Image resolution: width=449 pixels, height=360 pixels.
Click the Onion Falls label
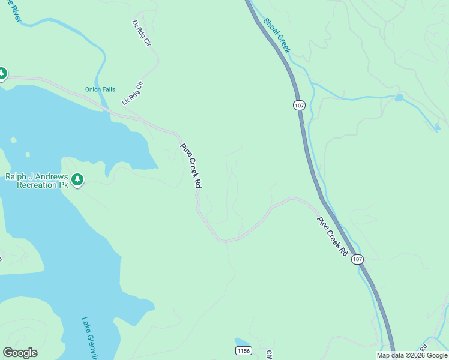(100, 89)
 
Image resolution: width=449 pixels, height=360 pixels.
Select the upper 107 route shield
(300, 105)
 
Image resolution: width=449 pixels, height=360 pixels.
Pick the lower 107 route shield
(358, 259)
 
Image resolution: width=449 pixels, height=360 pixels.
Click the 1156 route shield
(243, 350)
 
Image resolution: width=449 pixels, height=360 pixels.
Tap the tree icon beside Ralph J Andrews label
(77, 179)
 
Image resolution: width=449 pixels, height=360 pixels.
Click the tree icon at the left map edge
(2, 74)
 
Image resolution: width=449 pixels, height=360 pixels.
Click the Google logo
(20, 353)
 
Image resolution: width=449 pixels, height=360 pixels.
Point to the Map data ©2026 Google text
(412, 355)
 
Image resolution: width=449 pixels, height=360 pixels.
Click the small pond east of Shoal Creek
(398, 97)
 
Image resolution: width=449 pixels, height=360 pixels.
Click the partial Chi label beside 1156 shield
(270, 355)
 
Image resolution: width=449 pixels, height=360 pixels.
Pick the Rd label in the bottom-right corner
(423, 347)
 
